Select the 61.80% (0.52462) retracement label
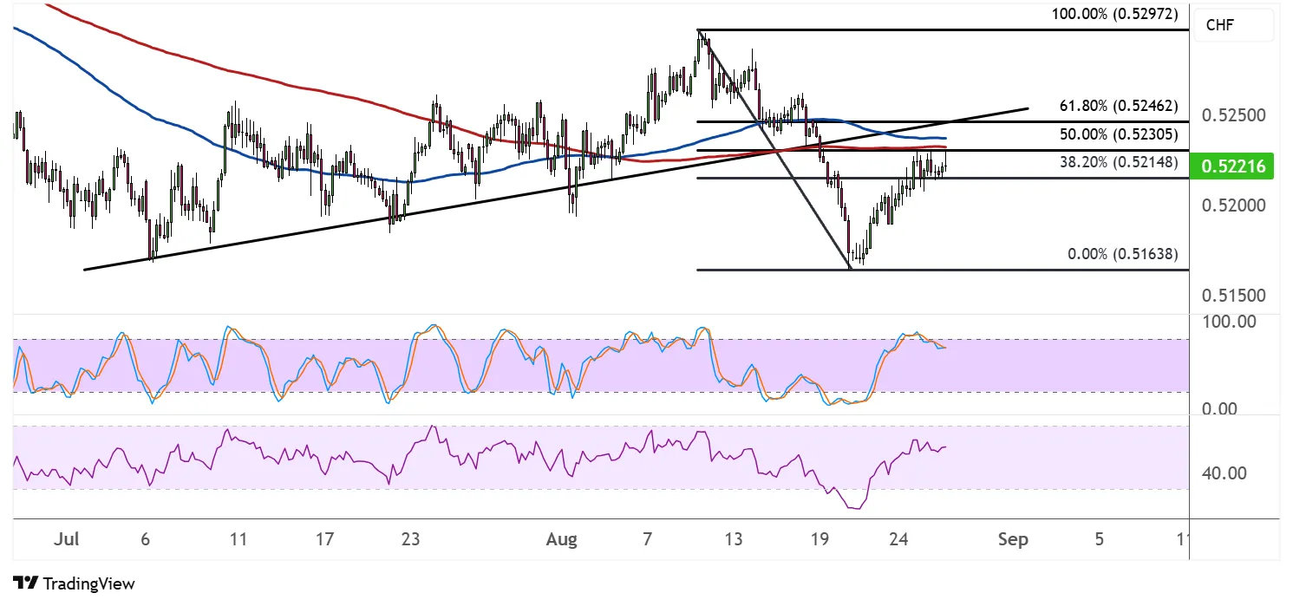(x=1119, y=107)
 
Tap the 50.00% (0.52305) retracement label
(x=1119, y=135)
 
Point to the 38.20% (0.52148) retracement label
(x=1119, y=161)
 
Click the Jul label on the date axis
(x=66, y=540)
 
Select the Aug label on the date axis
(x=562, y=540)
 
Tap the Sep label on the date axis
(x=1013, y=540)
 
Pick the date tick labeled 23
(x=410, y=540)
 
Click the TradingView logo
(x=74, y=583)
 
